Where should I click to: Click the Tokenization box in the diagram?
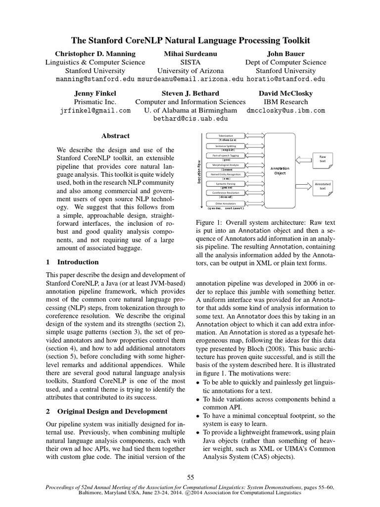pyautogui.click(x=226, y=136)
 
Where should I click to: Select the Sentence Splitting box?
pyautogui.click(x=226, y=146)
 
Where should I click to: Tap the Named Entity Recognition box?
pyautogui.click(x=226, y=174)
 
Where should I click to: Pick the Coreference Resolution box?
pyautogui.click(x=226, y=193)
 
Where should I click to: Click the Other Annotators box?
pyautogui.click(x=226, y=203)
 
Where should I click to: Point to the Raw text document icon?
pyautogui.click(x=323, y=159)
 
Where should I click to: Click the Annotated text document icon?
pyautogui.click(x=323, y=186)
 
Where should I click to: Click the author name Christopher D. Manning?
pyautogui.click(x=95, y=53)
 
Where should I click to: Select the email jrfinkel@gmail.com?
pyautogui.click(x=95, y=111)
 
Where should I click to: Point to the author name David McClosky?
pyautogui.click(x=285, y=93)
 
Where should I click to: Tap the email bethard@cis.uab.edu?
pyautogui.click(x=190, y=119)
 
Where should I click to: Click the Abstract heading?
pyautogui.click(x=115, y=136)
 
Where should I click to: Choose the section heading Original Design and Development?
pyautogui.click(x=113, y=411)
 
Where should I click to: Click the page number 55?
pyautogui.click(x=190, y=477)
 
